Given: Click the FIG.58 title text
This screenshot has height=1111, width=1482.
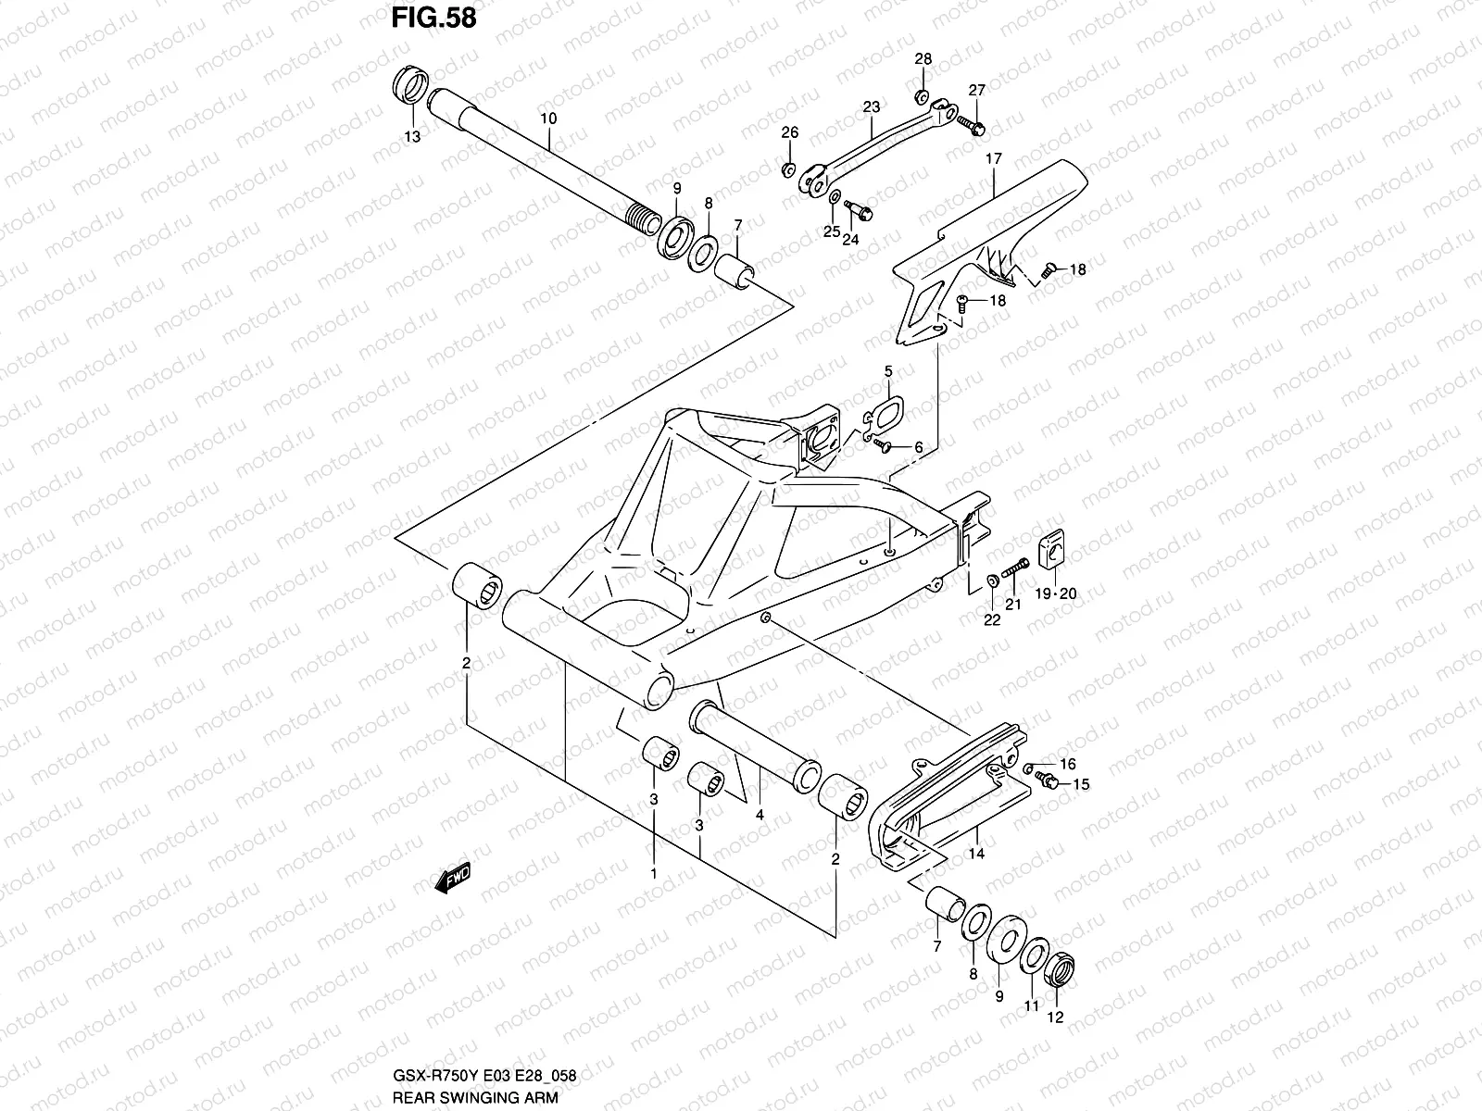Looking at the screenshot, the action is (433, 18).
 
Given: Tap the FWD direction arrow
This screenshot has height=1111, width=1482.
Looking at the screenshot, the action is (452, 878).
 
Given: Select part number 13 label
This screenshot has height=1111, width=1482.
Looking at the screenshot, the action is (412, 137).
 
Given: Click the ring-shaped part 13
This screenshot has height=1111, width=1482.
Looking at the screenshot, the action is (409, 85).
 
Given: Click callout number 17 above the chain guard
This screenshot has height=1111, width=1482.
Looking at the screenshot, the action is (993, 159).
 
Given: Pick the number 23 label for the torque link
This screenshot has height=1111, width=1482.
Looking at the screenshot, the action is (872, 106).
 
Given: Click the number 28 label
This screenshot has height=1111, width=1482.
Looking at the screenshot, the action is (923, 59).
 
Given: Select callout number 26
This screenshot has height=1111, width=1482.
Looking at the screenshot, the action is (790, 133).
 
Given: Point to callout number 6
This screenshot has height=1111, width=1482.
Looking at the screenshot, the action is (918, 447).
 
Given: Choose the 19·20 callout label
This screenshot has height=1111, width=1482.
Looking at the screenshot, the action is (1056, 593).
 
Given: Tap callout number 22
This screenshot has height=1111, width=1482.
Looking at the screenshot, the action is (992, 620).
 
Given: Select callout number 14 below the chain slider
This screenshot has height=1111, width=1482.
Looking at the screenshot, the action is (976, 854).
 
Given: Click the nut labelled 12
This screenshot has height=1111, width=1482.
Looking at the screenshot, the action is (1060, 969).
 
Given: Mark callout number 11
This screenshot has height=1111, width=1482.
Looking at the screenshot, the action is (1032, 1005).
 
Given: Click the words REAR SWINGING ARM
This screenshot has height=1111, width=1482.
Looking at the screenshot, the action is (475, 1097).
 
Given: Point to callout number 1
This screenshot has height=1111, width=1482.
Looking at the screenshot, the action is (654, 874).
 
